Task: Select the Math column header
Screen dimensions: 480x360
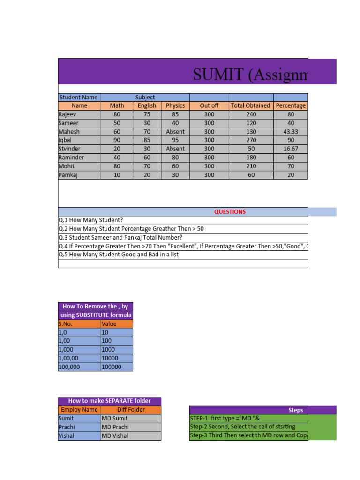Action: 117,105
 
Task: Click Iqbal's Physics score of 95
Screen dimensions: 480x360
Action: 175,140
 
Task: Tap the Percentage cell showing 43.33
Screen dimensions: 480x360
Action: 291,132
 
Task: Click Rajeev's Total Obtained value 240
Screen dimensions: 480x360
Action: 251,114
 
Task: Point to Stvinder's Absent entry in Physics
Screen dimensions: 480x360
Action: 175,149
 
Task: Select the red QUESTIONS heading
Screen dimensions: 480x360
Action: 230,211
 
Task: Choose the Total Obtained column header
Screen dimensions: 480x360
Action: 250,105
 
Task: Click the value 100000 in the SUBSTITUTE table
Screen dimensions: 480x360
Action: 112,367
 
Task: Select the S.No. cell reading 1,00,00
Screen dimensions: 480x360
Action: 68,358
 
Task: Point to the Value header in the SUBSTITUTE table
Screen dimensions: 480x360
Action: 109,323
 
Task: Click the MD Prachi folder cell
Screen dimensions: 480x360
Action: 115,427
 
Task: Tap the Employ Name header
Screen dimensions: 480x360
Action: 79,409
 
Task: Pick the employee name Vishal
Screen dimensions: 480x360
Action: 66,435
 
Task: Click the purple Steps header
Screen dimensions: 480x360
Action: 295,410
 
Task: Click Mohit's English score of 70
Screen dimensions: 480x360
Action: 147,166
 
